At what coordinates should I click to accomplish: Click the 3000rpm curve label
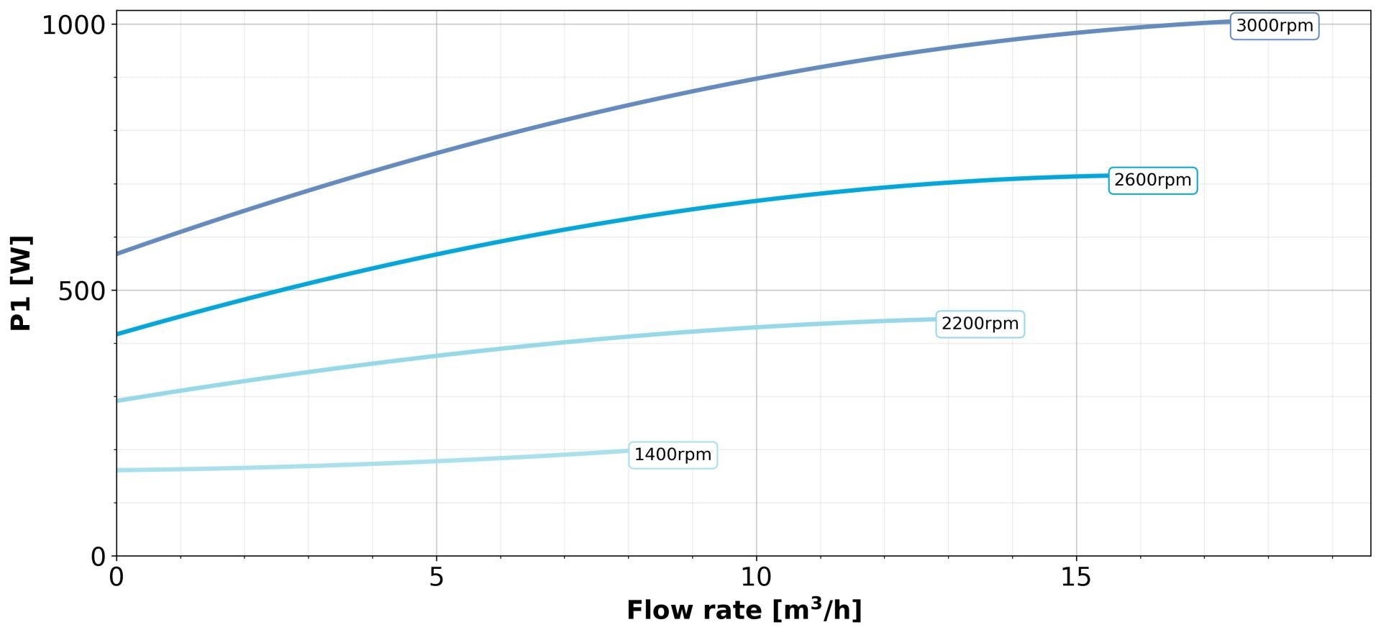coord(1274,26)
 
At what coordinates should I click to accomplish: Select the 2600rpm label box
coord(1152,180)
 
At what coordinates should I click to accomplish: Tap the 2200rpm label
coord(980,324)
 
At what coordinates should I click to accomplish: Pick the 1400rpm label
coord(673,454)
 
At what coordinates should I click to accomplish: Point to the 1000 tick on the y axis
coord(74,26)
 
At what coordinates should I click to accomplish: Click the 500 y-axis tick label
coord(83,291)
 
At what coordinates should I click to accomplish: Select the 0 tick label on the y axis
coord(99,557)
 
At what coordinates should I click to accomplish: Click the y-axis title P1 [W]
coord(22,283)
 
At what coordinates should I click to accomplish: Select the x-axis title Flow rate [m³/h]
coord(744,610)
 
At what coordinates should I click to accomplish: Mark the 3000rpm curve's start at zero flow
coord(117,253)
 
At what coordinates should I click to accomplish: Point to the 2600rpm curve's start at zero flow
coord(117,334)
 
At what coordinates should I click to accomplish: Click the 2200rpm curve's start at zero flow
coord(117,400)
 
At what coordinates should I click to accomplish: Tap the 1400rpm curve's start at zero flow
coord(117,470)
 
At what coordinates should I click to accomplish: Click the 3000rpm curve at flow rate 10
coord(756,78)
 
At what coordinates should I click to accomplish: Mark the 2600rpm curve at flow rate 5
coord(436,254)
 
